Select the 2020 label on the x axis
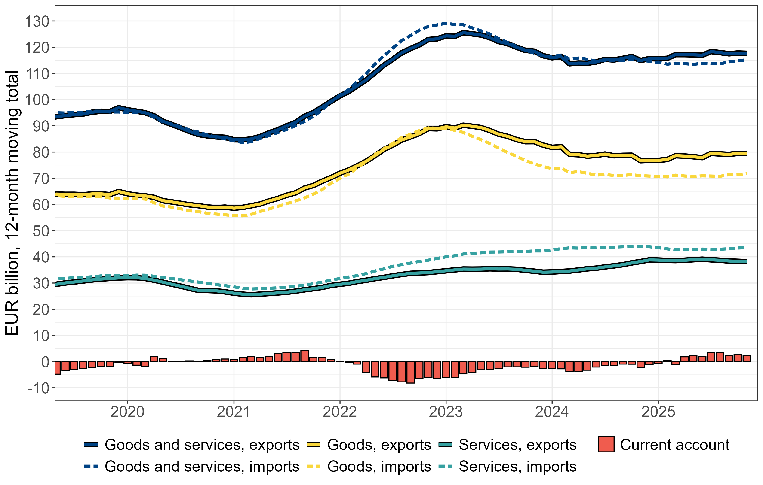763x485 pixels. click(x=127, y=412)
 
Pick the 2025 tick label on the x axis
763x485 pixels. click(x=658, y=412)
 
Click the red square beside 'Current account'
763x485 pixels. click(x=606, y=445)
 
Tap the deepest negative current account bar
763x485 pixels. click(x=411, y=372)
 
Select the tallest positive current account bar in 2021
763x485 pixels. click(x=305, y=356)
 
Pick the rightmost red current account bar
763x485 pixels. click(x=747, y=358)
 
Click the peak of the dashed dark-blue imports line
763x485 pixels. click(x=446, y=23)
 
